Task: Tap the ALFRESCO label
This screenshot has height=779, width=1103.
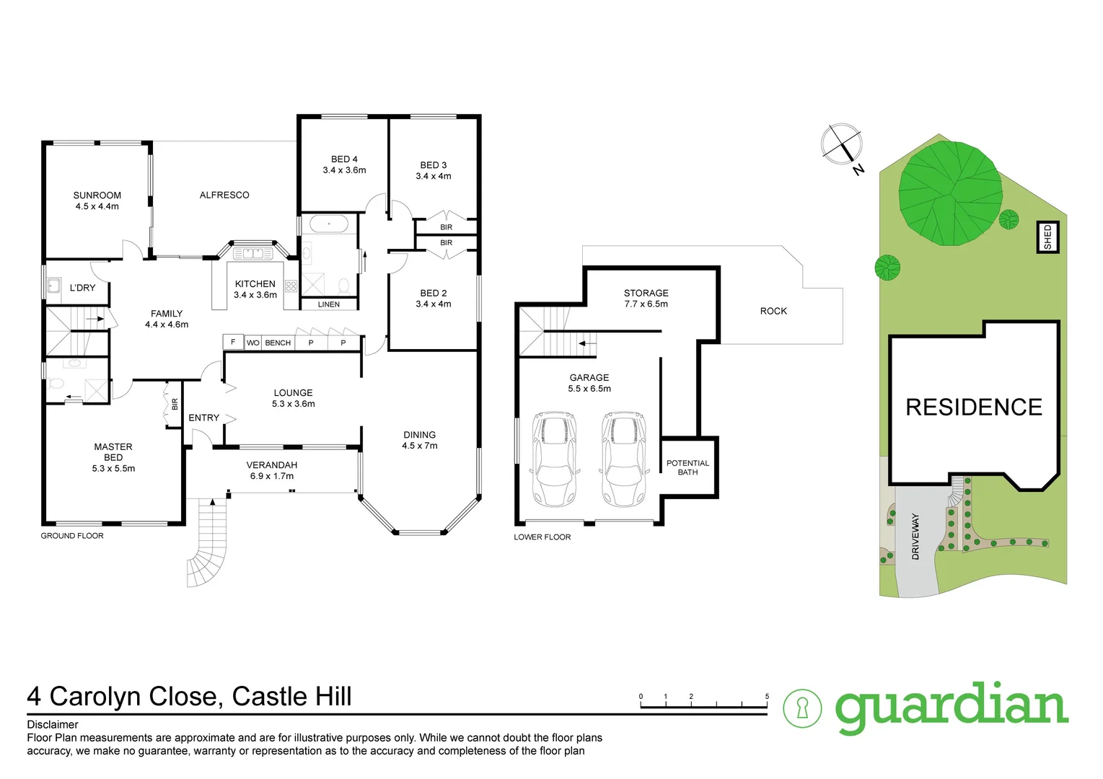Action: pos(224,195)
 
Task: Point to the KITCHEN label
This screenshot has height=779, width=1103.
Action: pos(255,284)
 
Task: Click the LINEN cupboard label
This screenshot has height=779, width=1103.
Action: pos(329,304)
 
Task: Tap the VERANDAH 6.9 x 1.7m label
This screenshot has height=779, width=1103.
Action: pos(271,470)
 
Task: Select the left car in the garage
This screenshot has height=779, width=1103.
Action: pos(554,459)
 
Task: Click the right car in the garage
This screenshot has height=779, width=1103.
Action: pos(624,459)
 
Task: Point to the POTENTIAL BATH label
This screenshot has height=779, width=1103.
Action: pos(687,467)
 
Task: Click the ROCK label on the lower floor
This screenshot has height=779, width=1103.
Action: pos(773,311)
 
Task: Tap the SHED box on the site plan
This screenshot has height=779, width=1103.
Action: pos(1047,237)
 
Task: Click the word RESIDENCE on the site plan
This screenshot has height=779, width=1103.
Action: pos(973,408)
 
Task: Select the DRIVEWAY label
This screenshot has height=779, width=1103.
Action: pos(915,536)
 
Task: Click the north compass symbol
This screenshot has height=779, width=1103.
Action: pos(843,144)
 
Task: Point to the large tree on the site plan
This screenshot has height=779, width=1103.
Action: pos(949,193)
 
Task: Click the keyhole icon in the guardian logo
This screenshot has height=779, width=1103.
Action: pos(802,708)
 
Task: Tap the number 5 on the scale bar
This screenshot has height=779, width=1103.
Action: pos(767,697)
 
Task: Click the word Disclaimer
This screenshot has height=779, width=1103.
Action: pos(53,724)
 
